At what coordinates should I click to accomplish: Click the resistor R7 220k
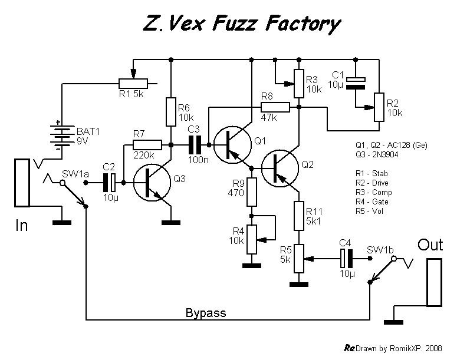pyautogui.click(x=147, y=144)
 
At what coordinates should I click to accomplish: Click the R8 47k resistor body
pyautogui.click(x=275, y=107)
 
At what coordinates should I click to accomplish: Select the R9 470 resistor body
pyautogui.click(x=252, y=191)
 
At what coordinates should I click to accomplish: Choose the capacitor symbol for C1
pyautogui.click(x=355, y=82)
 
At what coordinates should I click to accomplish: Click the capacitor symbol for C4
pyautogui.click(x=346, y=257)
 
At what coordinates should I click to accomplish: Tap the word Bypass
pyautogui.click(x=205, y=312)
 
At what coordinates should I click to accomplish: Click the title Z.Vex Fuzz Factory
pyautogui.click(x=242, y=24)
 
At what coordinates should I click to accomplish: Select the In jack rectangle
pyautogui.click(x=22, y=183)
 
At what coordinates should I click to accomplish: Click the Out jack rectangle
pyautogui.click(x=434, y=280)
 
